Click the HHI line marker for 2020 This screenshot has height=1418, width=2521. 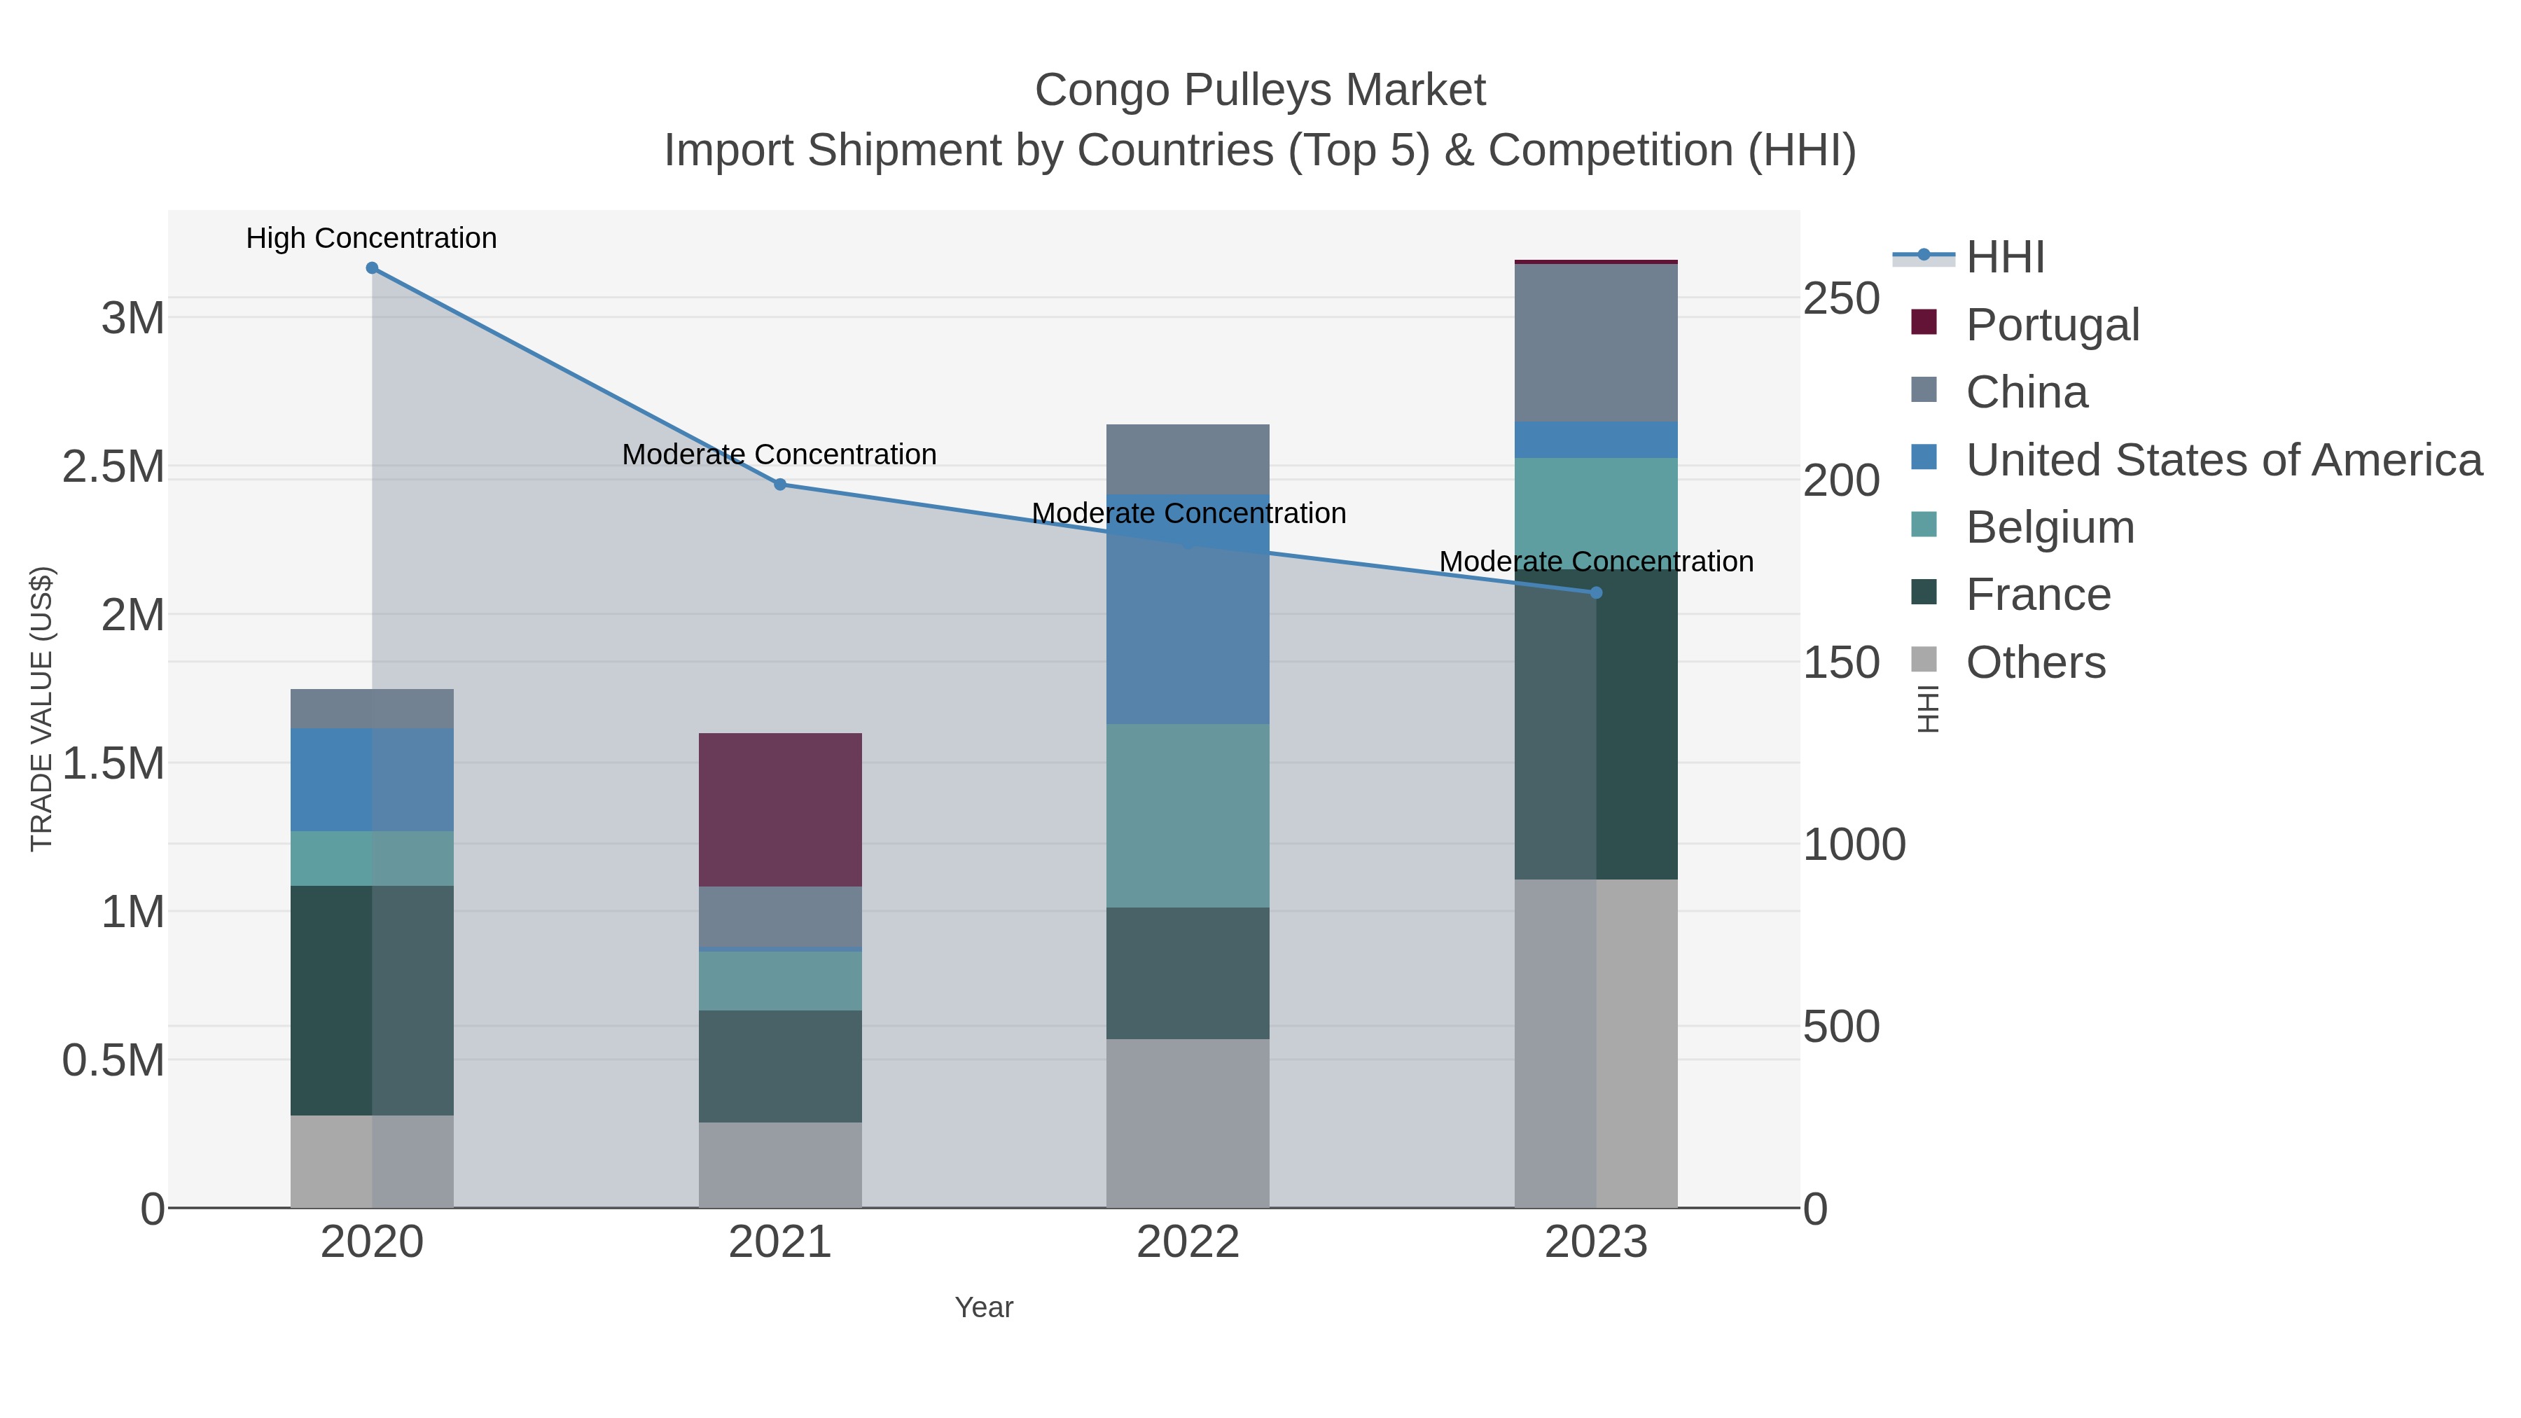click(372, 268)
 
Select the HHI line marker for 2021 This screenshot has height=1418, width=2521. click(780, 485)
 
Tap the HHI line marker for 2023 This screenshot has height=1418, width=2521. click(1596, 593)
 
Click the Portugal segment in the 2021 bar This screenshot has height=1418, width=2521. click(780, 809)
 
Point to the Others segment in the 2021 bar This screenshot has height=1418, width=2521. click(780, 1165)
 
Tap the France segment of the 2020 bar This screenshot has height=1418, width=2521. click(372, 1000)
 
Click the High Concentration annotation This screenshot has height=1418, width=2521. click(372, 239)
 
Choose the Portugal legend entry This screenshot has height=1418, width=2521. click(2053, 325)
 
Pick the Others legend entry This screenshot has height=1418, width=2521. click(2036, 662)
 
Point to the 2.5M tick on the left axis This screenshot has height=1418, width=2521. click(113, 468)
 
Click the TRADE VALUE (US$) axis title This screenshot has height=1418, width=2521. click(42, 709)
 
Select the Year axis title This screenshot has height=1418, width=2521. click(984, 1307)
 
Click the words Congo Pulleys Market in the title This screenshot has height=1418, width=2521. click(1260, 90)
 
